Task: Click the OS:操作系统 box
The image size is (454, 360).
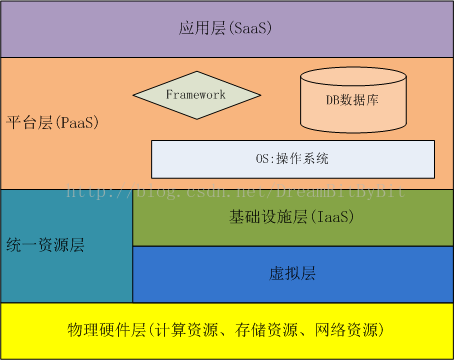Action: point(292,159)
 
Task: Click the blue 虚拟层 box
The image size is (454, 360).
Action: point(292,274)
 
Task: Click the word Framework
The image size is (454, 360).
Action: point(196,95)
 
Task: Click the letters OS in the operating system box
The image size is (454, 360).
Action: point(263,159)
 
